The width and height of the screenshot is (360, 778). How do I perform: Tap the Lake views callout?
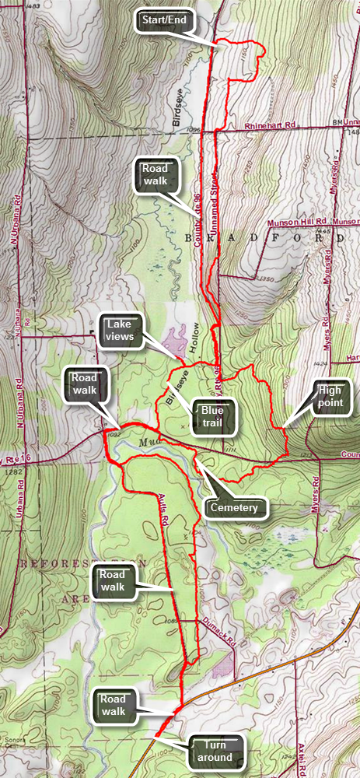point(122,330)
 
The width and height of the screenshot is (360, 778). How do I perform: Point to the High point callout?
point(330,395)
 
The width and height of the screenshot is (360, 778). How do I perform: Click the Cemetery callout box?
point(235,508)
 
